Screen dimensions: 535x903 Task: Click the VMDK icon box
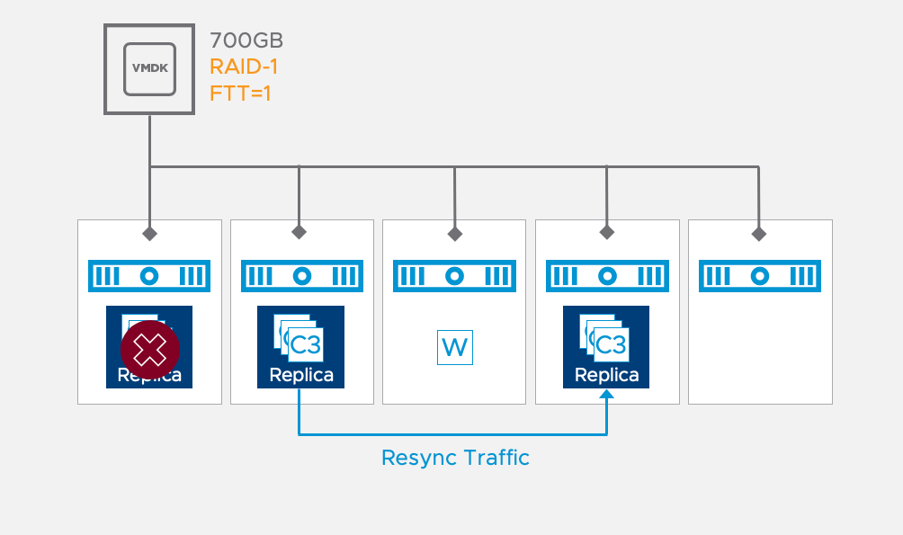[149, 69]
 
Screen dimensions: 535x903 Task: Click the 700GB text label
[246, 40]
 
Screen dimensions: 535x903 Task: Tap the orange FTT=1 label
[240, 92]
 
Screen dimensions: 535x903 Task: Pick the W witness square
[454, 347]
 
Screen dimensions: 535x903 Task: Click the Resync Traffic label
[455, 458]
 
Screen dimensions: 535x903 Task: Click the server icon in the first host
[149, 276]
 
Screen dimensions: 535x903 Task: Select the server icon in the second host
[301, 276]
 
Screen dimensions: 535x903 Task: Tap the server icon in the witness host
[454, 276]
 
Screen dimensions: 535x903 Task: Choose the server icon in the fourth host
[607, 276]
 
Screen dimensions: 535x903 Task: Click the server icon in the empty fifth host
[760, 276]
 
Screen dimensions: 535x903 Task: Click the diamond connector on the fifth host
[759, 234]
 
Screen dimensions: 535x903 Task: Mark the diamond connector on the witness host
[455, 234]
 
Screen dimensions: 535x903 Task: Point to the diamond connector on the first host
[149, 234]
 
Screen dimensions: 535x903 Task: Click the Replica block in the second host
[301, 347]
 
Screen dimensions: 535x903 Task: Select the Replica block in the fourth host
[607, 347]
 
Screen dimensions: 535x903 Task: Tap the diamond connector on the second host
[299, 234]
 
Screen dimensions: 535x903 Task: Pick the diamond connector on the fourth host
[607, 234]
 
